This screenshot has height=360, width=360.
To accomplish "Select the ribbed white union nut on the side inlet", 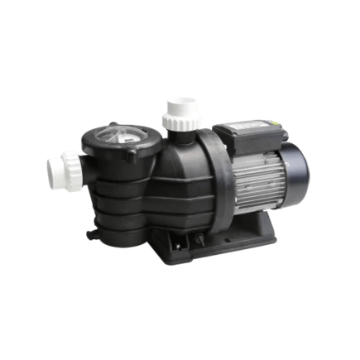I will click(74, 170).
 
